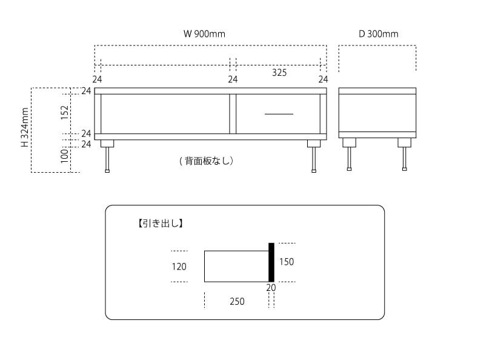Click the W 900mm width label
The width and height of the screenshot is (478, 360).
(x=204, y=34)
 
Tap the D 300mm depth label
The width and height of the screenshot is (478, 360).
(x=379, y=34)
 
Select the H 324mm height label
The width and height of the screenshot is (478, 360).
(x=25, y=128)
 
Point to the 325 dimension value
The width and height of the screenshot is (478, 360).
(x=279, y=73)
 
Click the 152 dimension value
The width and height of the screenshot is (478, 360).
(x=65, y=112)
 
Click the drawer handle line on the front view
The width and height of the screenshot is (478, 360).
(x=279, y=114)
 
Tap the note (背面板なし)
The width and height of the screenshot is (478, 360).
(x=206, y=161)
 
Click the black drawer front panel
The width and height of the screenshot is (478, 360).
(x=271, y=262)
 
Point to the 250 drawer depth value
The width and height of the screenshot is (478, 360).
(x=237, y=301)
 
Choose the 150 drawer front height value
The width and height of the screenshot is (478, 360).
(x=287, y=262)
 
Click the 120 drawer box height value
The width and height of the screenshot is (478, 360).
(x=179, y=267)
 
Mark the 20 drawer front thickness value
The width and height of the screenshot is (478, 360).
(x=271, y=288)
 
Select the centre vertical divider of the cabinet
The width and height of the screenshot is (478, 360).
(x=232, y=113)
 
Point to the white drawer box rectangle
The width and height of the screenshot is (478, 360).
(x=236, y=266)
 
